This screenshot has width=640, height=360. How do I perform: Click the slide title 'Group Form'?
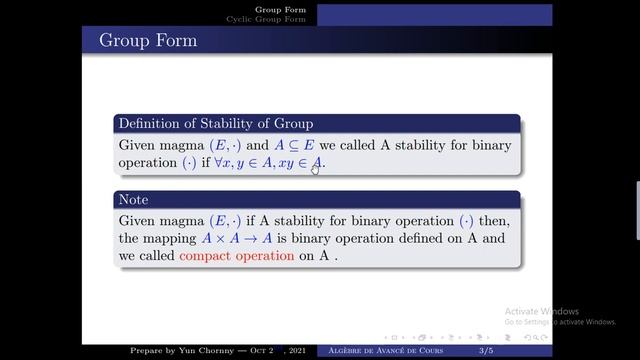tap(148, 41)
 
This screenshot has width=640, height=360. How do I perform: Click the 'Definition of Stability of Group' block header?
tap(216, 124)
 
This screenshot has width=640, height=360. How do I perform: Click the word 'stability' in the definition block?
tap(425, 144)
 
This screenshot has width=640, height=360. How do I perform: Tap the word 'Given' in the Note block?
tap(141, 218)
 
